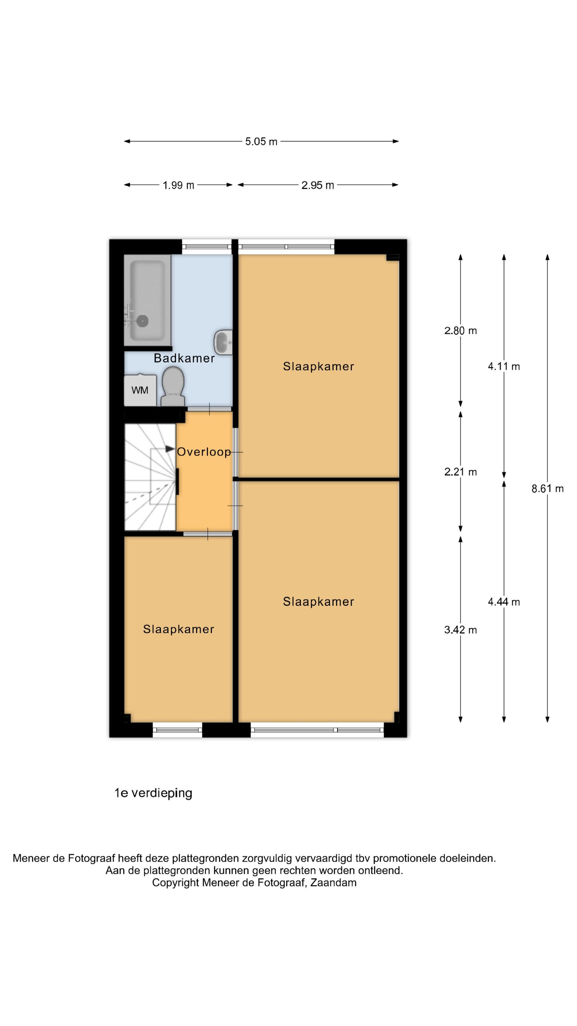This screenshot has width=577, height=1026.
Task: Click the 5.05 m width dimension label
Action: point(261,141)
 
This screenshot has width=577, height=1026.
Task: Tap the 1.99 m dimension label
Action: point(178,185)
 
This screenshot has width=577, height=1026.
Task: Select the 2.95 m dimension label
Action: point(317,185)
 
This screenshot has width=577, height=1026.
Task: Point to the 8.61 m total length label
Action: point(547,488)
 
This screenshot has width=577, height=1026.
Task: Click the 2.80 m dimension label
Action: point(460,331)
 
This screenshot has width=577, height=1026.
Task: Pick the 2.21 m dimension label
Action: point(460,472)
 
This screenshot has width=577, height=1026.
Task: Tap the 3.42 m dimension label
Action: point(460,630)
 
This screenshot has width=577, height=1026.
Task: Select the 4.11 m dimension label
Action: point(504,366)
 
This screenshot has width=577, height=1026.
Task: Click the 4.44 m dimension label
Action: point(504,602)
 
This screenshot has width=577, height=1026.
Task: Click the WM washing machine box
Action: point(140,390)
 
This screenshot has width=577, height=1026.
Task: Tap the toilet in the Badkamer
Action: point(173,386)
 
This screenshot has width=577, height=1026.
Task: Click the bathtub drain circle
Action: point(142,320)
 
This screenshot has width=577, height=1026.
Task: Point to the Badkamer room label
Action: point(184,358)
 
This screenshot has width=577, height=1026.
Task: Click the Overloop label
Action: point(204,452)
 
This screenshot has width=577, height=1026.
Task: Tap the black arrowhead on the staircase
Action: point(171,448)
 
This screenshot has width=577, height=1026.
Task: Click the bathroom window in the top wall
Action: point(207,247)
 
